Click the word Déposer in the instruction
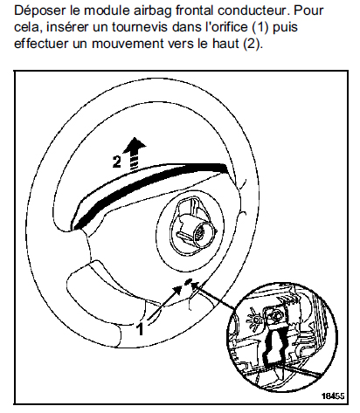click(40, 11)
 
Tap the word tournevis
click(140, 27)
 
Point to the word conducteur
click(253, 10)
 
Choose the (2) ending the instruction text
click(252, 44)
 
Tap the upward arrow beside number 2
click(135, 154)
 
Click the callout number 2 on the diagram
click(116, 162)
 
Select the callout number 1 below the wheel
click(141, 328)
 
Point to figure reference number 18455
click(333, 396)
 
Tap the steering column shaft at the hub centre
click(200, 234)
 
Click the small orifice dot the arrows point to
click(188, 281)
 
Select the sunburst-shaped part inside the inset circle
click(255, 320)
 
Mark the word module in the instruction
click(108, 10)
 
